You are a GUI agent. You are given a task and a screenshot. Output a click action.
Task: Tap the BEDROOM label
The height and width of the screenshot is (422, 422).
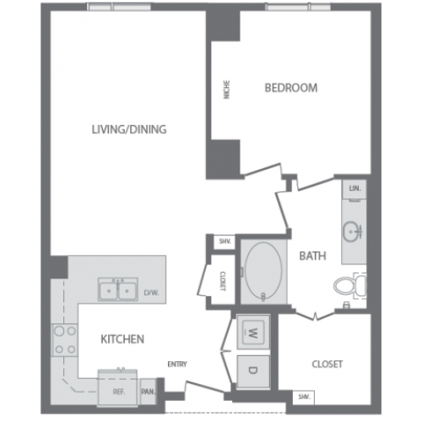pos(290,88)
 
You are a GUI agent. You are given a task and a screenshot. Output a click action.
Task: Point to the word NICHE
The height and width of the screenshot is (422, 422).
pos(226,89)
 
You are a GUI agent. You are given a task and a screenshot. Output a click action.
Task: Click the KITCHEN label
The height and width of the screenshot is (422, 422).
pos(122,339)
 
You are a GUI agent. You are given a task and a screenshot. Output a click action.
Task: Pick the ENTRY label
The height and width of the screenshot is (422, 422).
pos(177,365)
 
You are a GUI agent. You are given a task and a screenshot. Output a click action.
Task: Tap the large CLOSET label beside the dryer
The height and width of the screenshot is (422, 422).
pos(327,365)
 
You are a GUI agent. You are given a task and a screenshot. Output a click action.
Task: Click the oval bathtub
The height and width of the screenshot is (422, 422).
pos(263,273)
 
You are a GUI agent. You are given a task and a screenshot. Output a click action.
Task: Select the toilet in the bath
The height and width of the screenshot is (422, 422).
pos(348,286)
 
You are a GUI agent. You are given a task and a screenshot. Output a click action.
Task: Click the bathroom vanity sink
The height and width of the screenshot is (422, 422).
pos(353,229)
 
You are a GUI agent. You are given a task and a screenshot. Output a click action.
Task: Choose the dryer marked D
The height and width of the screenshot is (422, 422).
pos(252,369)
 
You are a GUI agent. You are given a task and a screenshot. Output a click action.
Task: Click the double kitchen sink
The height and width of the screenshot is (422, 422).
pos(118,291)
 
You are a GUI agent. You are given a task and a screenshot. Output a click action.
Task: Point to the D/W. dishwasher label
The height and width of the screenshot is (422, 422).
pos(150,293)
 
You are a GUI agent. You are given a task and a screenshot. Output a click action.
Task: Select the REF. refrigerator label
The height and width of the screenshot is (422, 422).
pos(118,391)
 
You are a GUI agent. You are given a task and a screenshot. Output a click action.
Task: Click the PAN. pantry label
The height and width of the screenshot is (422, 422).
pos(149,391)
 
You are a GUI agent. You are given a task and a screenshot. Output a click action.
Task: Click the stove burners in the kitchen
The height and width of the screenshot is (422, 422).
pos(65,338)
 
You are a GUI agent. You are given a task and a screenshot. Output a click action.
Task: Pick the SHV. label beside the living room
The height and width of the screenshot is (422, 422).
pos(224,242)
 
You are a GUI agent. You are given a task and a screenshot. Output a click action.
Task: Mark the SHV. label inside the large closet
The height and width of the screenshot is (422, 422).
pos(301,397)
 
